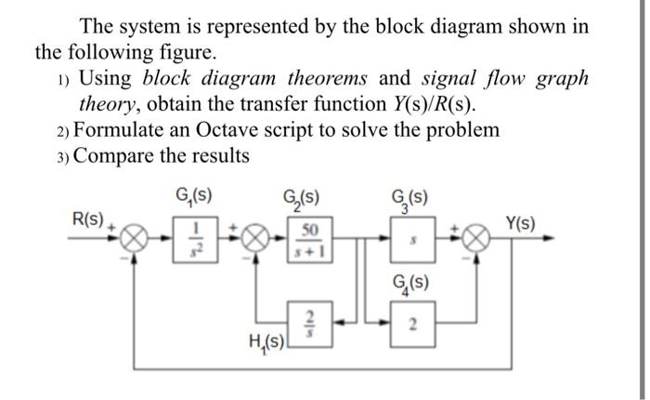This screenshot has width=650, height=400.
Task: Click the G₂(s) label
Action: coord(303,197)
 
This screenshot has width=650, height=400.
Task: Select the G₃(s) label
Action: coord(410,197)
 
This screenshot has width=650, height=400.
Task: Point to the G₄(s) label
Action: coord(412,285)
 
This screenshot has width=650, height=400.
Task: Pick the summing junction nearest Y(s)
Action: coord(477,240)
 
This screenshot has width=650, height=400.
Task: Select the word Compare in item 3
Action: coord(115,155)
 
